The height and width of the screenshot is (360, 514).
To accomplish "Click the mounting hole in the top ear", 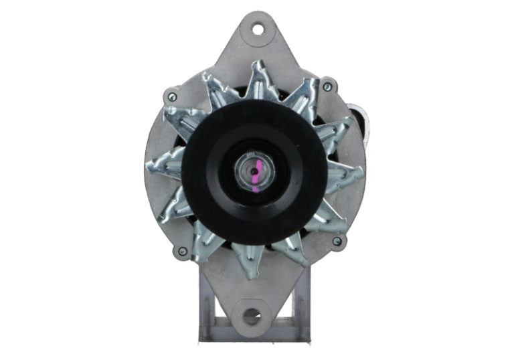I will point(258,29).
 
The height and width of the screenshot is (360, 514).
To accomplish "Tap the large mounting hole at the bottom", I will point(253,315).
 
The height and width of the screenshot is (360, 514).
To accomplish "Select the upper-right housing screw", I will point(327,87).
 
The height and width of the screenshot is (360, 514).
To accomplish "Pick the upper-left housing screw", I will point(173,97).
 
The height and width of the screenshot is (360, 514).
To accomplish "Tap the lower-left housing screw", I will point(181,252).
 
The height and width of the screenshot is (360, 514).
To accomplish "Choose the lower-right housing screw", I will point(337,241).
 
